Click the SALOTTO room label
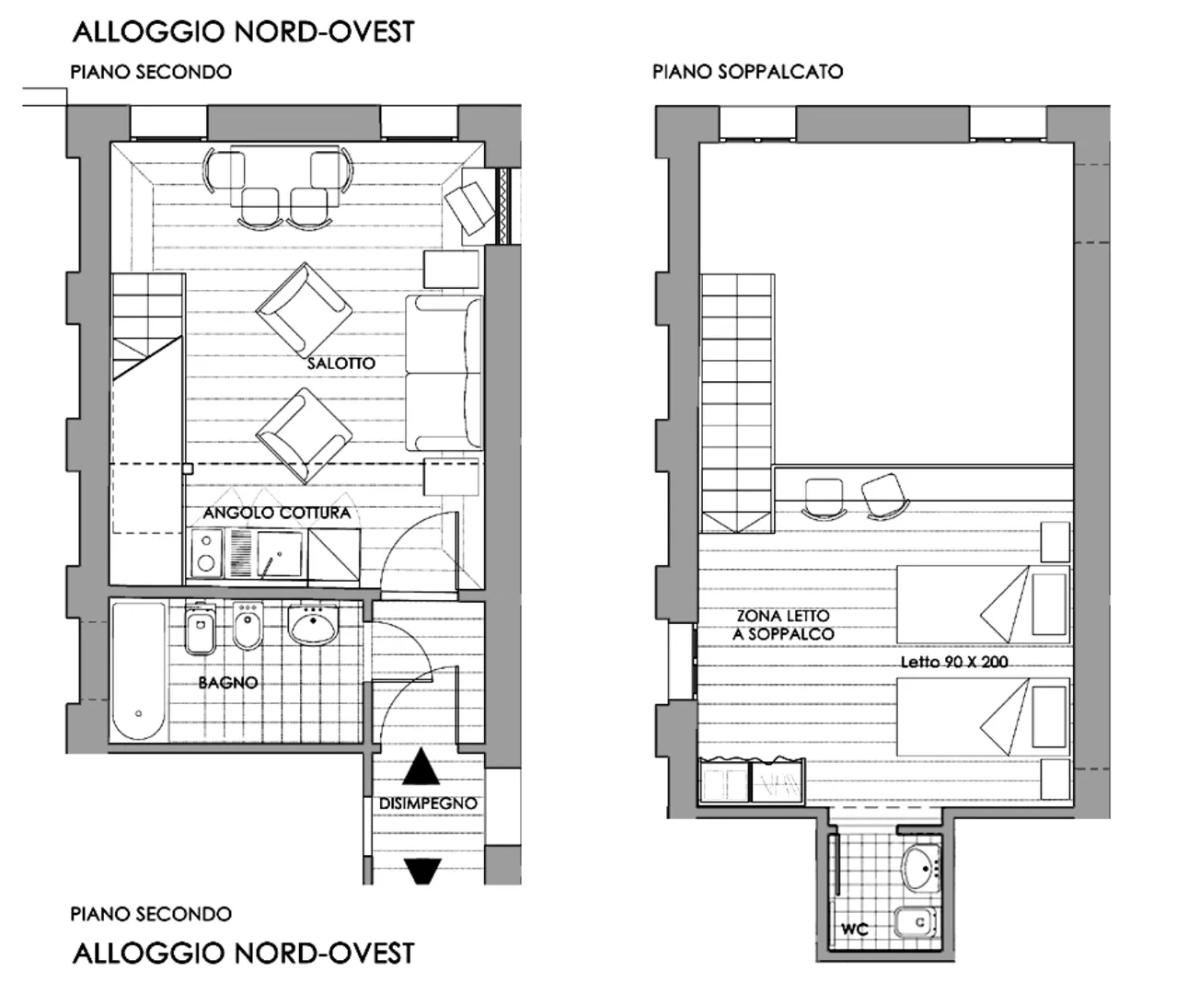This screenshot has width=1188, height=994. pos(340,363)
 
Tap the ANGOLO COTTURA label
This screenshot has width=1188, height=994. pos(276,513)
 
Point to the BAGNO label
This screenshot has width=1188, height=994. pos(227,682)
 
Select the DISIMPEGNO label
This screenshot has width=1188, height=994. pos(428,803)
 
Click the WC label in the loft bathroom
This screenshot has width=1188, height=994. pos(855,930)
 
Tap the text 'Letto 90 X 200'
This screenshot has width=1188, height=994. pos(954,662)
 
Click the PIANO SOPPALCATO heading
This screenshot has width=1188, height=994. pos(747,72)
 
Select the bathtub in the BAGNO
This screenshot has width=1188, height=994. pos(139,671)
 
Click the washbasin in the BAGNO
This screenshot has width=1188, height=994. pos(313,625)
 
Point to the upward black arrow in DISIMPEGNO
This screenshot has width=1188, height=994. pos(421,767)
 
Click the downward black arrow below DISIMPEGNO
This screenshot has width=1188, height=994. pos(422,871)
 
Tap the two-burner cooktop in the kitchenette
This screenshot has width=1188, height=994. pos(206,554)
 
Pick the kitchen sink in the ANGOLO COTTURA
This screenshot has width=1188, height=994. pos(280,555)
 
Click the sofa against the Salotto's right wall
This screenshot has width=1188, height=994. pos(444,374)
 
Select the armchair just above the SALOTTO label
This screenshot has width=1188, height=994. pos(304,310)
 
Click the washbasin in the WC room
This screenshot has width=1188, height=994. pos(920,869)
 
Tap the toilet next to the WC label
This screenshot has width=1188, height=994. pos(916,923)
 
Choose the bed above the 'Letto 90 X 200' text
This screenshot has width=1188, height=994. pos(983,605)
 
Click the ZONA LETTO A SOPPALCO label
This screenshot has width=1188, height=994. pos(783,625)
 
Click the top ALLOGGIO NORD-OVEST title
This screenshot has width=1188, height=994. pos(244,32)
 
